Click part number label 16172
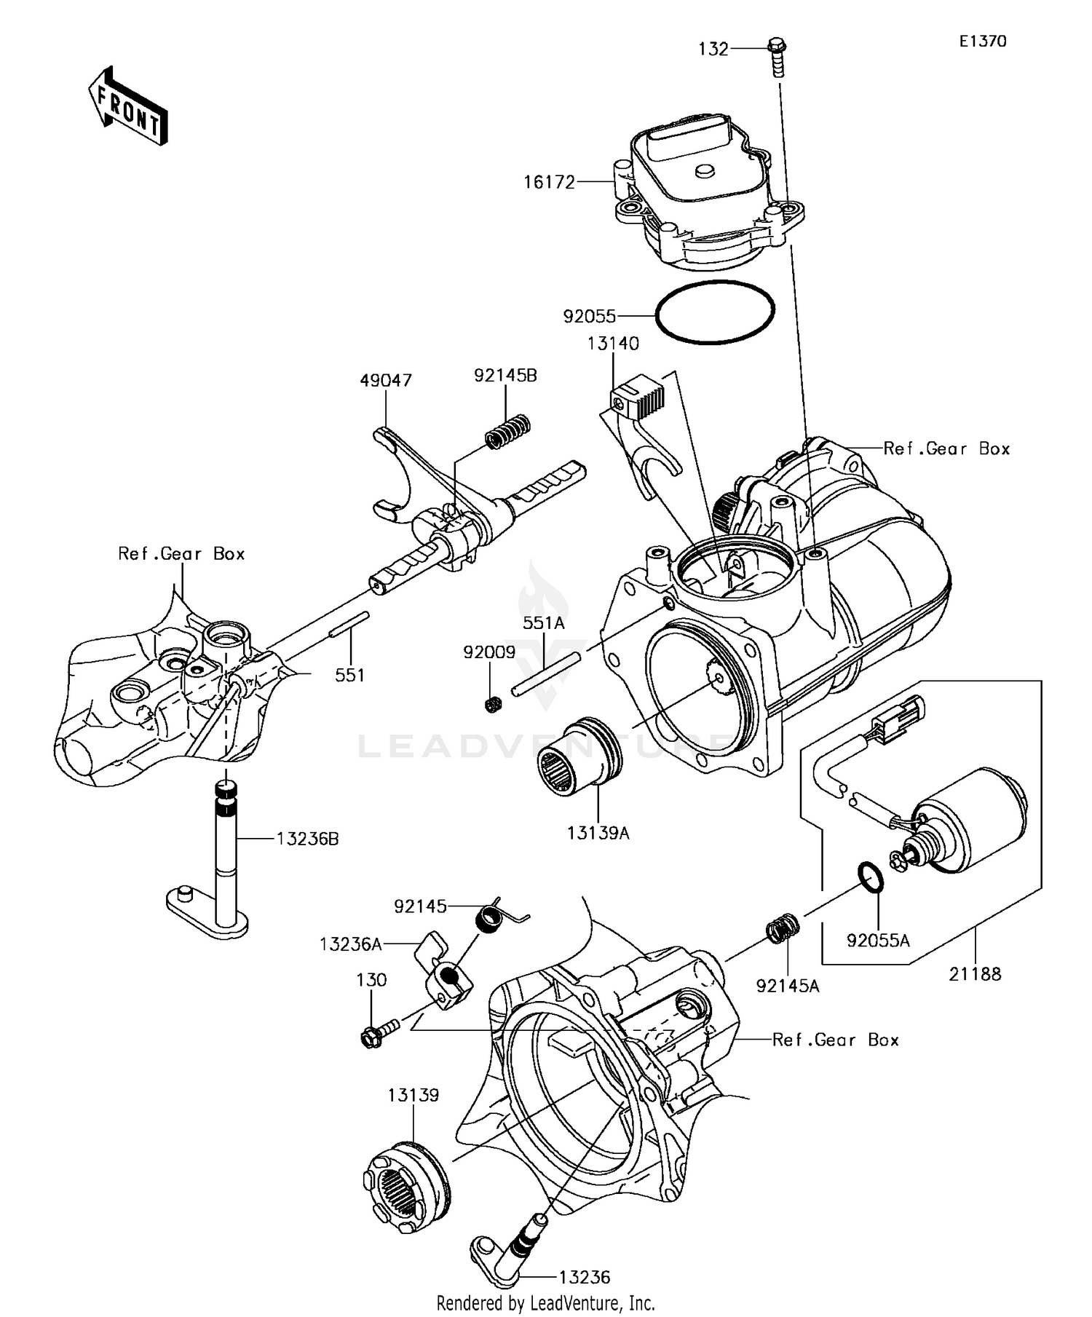pyautogui.click(x=549, y=182)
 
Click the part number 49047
pyautogui.click(x=385, y=380)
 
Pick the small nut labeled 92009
pyautogui.click(x=493, y=704)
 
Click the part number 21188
pyautogui.click(x=975, y=973)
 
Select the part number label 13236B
pyautogui.click(x=307, y=839)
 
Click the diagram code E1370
pyautogui.click(x=982, y=41)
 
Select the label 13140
pyautogui.click(x=613, y=344)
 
